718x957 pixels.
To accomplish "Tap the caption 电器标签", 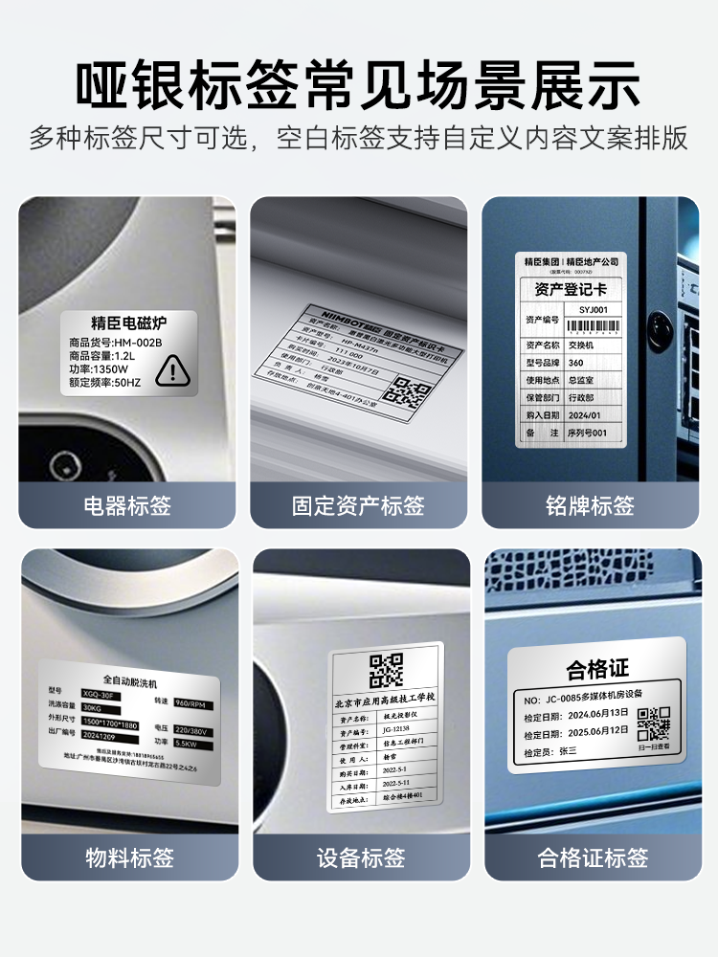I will point(127,505).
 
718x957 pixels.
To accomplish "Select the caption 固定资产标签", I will point(359,505).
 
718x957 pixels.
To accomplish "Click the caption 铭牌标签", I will point(591,505).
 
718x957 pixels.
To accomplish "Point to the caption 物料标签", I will point(127,857).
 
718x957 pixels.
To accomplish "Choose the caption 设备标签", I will point(359,857).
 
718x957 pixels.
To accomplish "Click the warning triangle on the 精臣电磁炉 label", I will point(173,369).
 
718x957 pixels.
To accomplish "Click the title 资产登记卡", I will point(570,288).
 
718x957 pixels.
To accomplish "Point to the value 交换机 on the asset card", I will point(581,345).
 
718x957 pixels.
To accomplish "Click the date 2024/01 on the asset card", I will point(584,415).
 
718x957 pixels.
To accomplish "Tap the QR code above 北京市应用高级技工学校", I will point(386,670).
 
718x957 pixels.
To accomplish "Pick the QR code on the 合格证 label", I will point(654,723).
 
